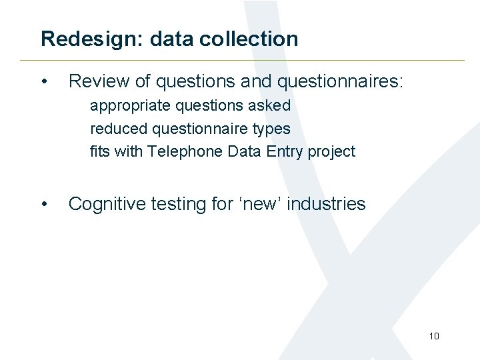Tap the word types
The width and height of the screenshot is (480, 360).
pos(271,128)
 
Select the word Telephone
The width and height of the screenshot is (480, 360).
pos(185,151)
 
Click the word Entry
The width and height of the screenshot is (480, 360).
pos(285,151)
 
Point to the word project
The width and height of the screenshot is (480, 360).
pos(331,151)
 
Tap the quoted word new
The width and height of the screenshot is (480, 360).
pos(261,203)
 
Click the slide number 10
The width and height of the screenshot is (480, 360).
pos(434,336)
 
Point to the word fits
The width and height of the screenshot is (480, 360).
pos(100,151)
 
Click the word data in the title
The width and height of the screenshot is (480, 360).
pos(171,39)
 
